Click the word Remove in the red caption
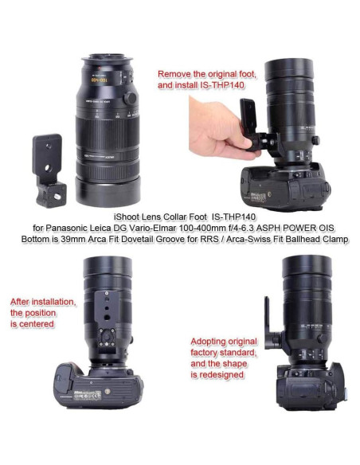(176, 72)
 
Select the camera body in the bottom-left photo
(100, 385)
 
